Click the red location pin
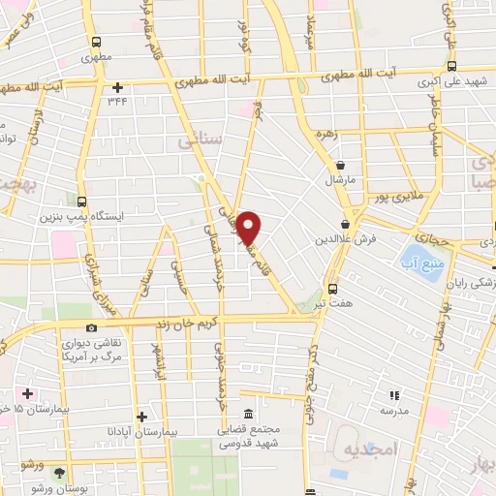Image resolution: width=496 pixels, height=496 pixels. [x=250, y=226]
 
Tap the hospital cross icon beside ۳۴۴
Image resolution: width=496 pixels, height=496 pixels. [x=116, y=87]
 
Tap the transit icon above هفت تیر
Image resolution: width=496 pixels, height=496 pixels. [x=332, y=289]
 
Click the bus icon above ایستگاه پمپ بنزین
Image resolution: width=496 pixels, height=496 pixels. [x=82, y=202]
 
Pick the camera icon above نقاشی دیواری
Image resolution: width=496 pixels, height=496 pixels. [x=91, y=328]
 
